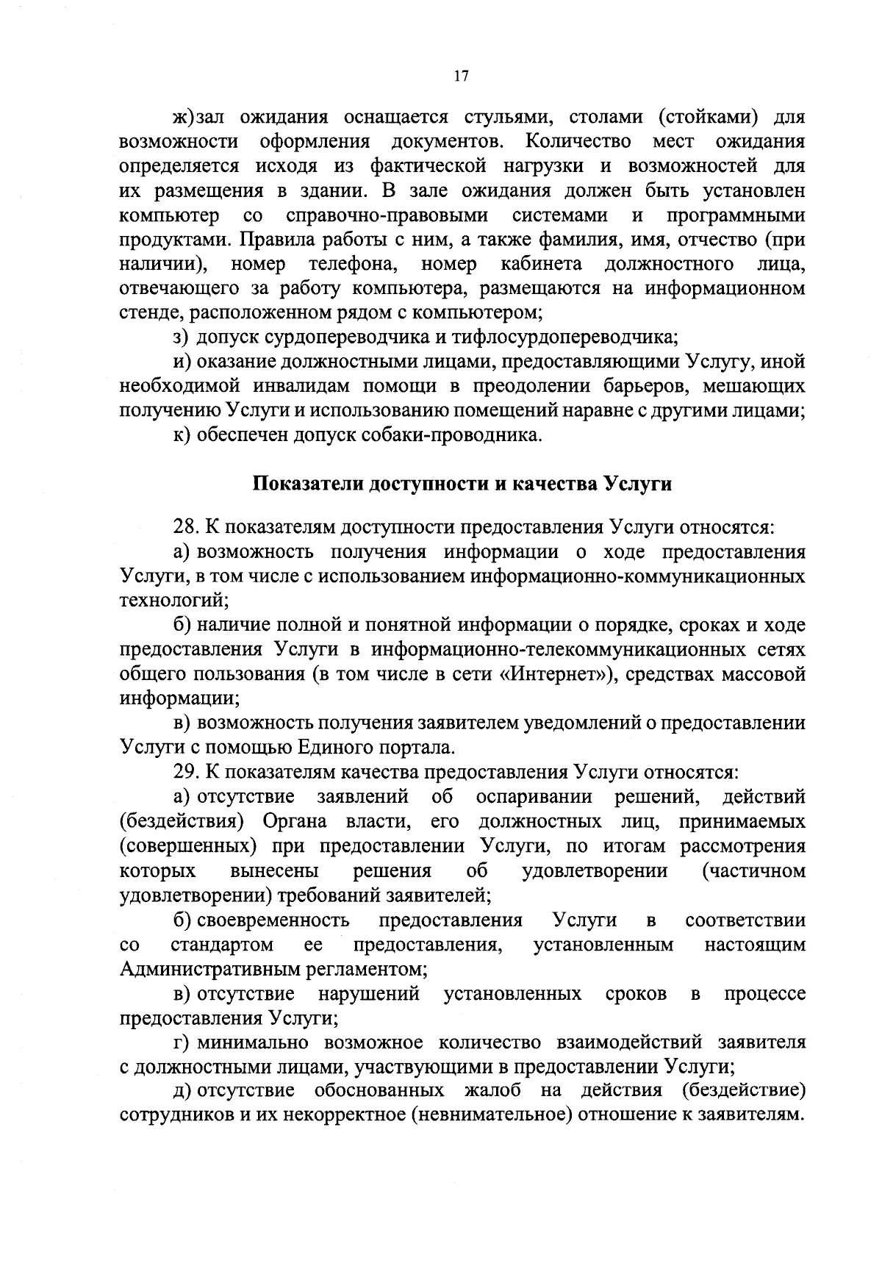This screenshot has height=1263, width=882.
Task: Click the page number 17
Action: tap(462, 76)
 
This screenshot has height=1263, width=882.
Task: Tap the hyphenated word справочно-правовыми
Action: tap(387, 215)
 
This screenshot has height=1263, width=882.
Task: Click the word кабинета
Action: tap(542, 264)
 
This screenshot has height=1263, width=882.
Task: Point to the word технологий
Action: tap(174, 601)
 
